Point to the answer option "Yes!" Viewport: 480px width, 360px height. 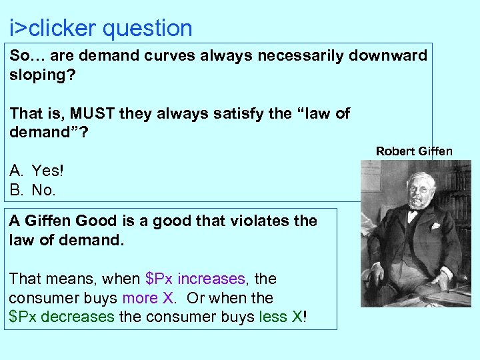tap(47, 171)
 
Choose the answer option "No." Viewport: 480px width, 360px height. tap(44, 190)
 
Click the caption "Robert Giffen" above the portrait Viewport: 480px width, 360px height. tap(413, 151)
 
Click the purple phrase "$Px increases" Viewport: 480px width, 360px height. tap(195, 279)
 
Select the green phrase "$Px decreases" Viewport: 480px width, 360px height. tap(62, 316)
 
